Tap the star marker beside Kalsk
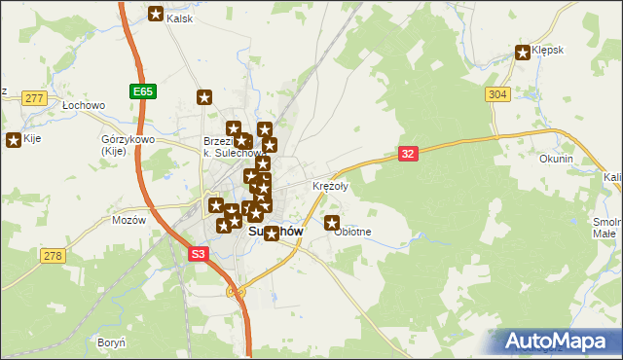pos(156,14)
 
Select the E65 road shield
pos(142,90)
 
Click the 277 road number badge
pos(36,97)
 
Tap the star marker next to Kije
pos(14,140)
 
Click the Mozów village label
pos(128,220)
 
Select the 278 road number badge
pos(53,255)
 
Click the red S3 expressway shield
pos(199,253)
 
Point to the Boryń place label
pos(111,342)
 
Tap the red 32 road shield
pos(409,153)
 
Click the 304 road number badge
pos(496,93)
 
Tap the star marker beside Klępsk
pos(524,53)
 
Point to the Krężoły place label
pos(330,185)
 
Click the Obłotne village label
pos(352,232)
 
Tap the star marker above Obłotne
pos(332,223)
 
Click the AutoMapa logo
pos(557,341)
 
